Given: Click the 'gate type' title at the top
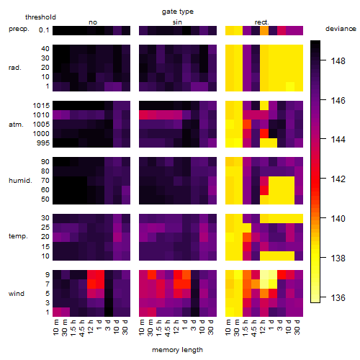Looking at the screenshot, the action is click(x=178, y=12).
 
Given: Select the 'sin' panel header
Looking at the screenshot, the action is click(x=177, y=22).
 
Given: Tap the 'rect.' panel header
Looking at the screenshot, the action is click(x=262, y=22).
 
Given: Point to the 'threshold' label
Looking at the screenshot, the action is click(x=40, y=17).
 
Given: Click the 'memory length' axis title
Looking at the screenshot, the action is click(x=177, y=350).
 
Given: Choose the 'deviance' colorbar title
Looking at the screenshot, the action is click(x=341, y=29).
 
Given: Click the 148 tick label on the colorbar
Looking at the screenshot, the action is click(x=338, y=61).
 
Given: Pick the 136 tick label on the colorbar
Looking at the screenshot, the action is click(x=338, y=298).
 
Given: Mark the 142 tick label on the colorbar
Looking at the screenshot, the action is click(x=338, y=179).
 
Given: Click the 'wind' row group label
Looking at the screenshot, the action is click(x=17, y=294).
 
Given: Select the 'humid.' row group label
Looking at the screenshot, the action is click(x=20, y=181).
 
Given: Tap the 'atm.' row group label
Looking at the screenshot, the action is click(x=16, y=125).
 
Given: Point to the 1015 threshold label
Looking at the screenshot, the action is click(x=41, y=106).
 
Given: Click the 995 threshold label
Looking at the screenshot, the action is click(x=43, y=143).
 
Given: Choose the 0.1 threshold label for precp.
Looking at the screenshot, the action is click(x=44, y=30).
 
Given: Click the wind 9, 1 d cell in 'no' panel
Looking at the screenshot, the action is click(x=100, y=275).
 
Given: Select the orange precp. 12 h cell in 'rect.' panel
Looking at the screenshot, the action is click(x=264, y=30).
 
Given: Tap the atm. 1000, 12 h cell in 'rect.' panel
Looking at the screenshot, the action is click(x=264, y=134).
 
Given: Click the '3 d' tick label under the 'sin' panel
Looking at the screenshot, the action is click(x=194, y=325).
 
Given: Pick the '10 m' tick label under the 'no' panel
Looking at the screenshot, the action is click(x=55, y=327).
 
